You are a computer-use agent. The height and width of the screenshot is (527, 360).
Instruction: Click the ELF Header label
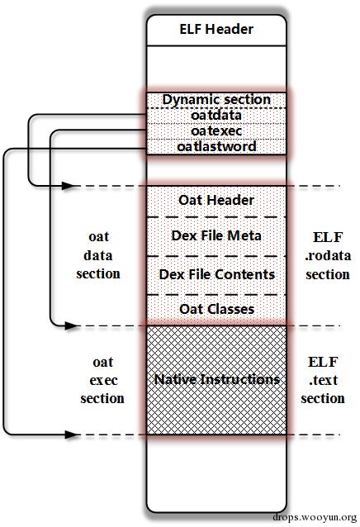(216, 29)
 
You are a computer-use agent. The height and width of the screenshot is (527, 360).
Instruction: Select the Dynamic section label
(216, 100)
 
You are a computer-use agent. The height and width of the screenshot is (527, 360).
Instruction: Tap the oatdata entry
(216, 116)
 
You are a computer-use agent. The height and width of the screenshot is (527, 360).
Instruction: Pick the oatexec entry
(216, 131)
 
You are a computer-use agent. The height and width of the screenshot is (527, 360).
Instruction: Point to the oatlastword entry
(216, 146)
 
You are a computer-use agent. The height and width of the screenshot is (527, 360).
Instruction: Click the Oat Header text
(216, 200)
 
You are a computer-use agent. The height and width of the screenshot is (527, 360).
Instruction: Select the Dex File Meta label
(216, 235)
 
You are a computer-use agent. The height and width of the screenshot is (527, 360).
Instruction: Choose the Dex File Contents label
(217, 274)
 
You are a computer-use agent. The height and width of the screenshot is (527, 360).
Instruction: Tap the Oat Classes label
(217, 309)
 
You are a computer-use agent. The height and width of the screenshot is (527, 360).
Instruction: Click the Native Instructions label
(217, 379)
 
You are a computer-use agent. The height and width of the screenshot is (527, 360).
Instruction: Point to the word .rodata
(328, 256)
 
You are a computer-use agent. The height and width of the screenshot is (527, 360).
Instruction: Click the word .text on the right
(323, 380)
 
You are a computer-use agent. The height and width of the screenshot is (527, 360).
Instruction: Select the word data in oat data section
(98, 255)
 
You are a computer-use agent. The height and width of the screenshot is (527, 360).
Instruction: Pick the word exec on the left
(103, 381)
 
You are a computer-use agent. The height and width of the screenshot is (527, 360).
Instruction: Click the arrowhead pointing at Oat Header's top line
(69, 186)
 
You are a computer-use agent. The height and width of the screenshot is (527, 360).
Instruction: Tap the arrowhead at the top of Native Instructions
(70, 325)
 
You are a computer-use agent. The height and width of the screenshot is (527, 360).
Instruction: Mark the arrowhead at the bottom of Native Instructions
(70, 434)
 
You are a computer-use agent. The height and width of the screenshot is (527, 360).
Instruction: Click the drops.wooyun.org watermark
(315, 517)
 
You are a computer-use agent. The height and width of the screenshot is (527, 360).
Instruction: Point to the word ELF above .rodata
(328, 237)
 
